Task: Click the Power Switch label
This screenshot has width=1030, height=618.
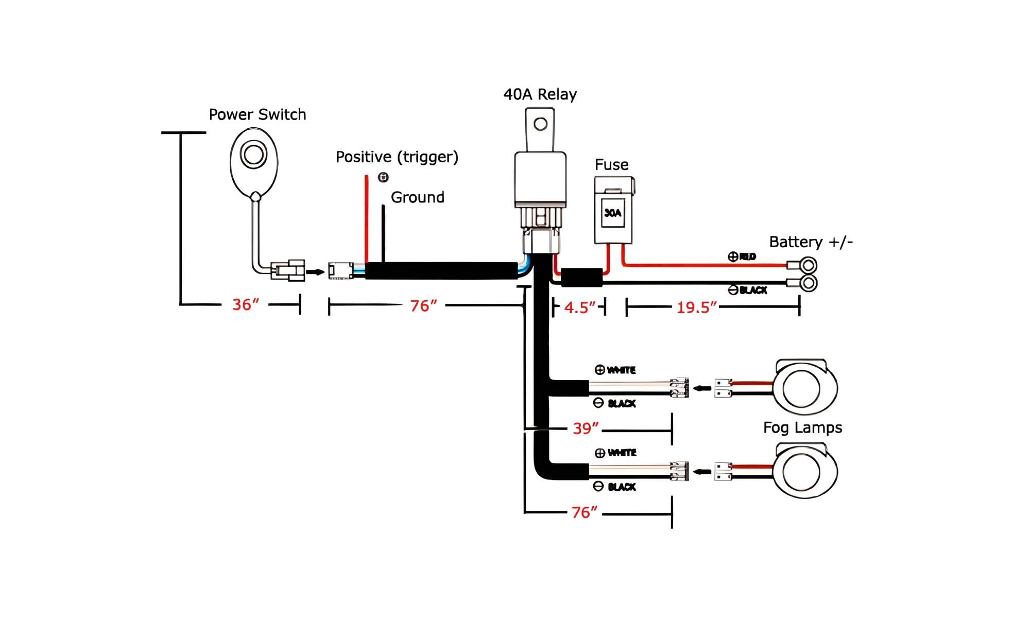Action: (x=257, y=114)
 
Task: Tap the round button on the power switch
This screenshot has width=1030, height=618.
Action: (x=253, y=154)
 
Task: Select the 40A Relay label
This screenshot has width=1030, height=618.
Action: (x=540, y=94)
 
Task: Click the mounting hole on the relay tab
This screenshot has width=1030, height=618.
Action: (x=540, y=124)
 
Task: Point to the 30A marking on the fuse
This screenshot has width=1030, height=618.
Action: (x=612, y=213)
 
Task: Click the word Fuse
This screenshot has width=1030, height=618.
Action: (x=611, y=165)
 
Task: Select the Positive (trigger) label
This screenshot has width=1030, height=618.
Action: (x=397, y=157)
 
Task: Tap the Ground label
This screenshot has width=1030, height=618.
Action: (x=417, y=197)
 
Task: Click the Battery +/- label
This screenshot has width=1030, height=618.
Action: (x=811, y=242)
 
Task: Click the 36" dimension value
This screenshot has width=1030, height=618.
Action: (x=245, y=305)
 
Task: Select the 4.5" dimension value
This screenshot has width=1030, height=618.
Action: (x=579, y=308)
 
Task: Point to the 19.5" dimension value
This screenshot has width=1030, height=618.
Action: (x=696, y=308)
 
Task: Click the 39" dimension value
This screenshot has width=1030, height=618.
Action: (x=586, y=428)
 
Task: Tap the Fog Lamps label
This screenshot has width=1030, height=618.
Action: (x=802, y=428)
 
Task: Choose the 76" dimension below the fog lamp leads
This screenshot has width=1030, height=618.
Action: (x=585, y=512)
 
